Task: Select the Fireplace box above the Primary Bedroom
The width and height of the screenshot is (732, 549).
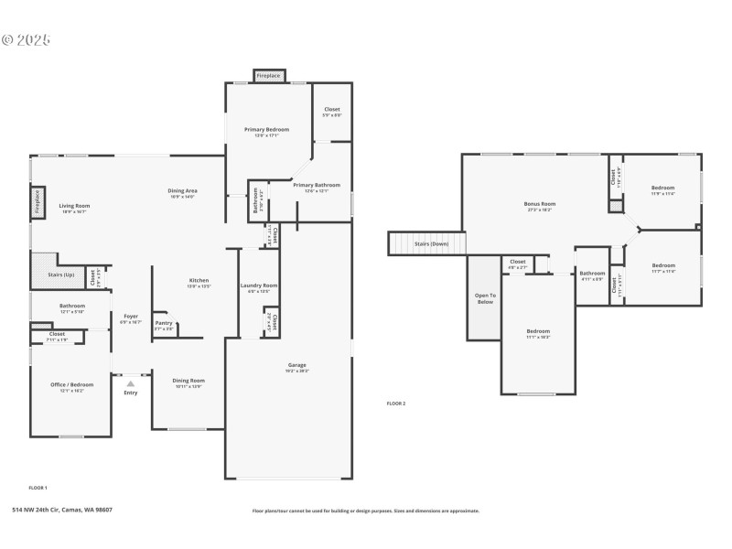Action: tap(268, 75)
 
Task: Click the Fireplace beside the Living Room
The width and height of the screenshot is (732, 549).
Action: tap(38, 202)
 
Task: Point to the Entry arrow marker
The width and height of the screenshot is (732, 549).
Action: tap(130, 383)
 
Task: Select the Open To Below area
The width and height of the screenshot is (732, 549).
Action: tap(485, 298)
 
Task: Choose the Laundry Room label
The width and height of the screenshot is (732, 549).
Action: tap(259, 285)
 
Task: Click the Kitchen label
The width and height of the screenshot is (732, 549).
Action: tap(199, 280)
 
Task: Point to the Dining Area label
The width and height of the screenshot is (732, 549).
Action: tap(183, 190)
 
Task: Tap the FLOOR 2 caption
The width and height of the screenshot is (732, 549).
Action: tap(396, 403)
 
